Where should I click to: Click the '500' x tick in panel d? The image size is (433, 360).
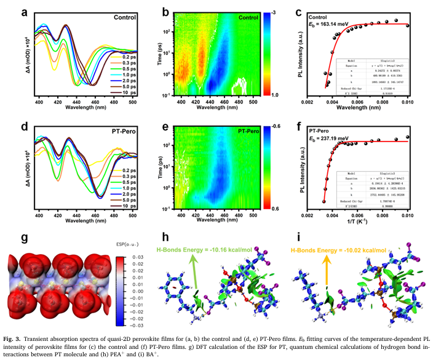pyautogui.click(x=129, y=215)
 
